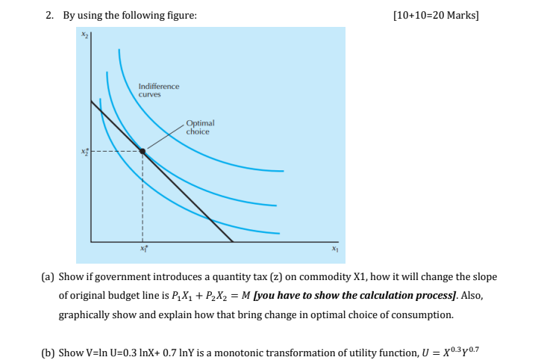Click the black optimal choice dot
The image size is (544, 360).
[143, 151]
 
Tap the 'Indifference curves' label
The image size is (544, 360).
[158, 90]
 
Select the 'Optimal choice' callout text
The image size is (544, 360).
[199, 127]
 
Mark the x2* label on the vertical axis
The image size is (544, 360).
[84, 152]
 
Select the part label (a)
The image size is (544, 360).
[46, 277]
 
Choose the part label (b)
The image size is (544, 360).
[46, 353]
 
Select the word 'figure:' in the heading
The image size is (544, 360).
[181, 15]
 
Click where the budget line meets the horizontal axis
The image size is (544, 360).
[233, 241]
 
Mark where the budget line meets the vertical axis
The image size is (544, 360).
[92, 100]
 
